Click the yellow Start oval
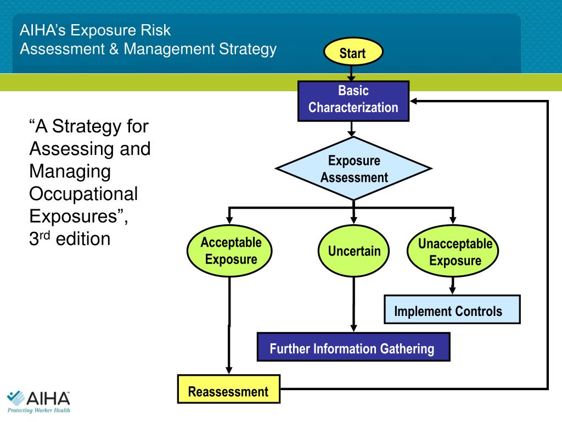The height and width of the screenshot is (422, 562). click(352, 53)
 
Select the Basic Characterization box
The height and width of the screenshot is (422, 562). click(353, 100)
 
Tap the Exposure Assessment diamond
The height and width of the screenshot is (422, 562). click(353, 169)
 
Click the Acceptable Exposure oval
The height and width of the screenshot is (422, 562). click(231, 251)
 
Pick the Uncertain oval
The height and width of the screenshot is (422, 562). click(354, 251)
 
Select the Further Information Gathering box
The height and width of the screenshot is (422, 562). click(353, 347)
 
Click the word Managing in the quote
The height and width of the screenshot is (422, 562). click(70, 171)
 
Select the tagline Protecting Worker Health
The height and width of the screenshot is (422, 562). click(38, 410)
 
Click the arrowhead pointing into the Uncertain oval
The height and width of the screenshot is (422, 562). click(353, 221)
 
